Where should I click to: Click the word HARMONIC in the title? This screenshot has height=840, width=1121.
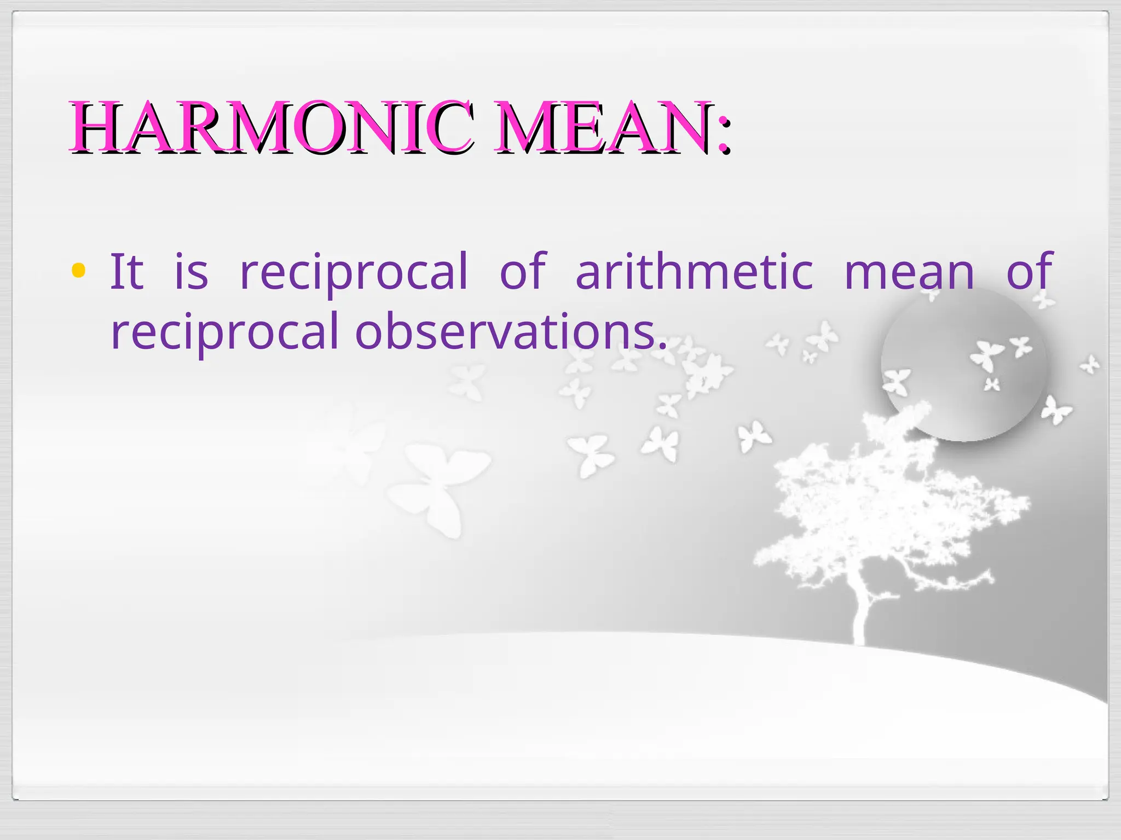(x=271, y=127)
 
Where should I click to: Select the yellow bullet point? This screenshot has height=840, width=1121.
(x=78, y=271)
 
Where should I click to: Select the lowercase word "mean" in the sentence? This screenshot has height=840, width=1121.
(x=909, y=272)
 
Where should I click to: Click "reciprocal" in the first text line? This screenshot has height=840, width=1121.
(x=354, y=272)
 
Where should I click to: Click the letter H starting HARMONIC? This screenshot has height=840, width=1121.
(x=96, y=127)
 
